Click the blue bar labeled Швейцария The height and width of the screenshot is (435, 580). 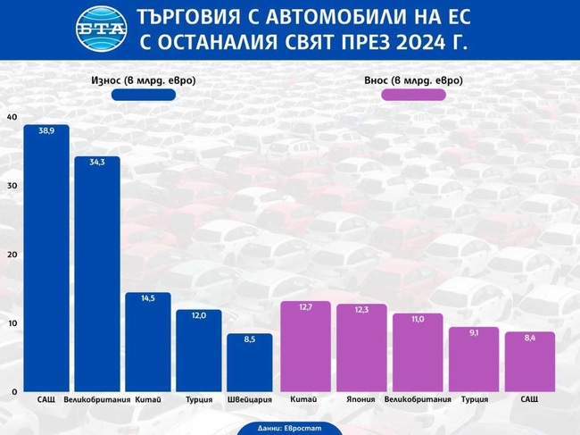(x=249, y=362)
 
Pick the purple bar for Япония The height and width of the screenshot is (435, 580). (x=361, y=348)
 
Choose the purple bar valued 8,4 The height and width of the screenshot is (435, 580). (x=529, y=362)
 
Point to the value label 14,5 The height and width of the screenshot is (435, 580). (x=147, y=298)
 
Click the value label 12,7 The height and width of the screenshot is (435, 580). (x=305, y=307)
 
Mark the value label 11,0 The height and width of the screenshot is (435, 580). (x=417, y=319)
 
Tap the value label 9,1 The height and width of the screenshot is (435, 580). (x=473, y=332)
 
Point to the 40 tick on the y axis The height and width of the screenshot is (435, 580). (x=11, y=117)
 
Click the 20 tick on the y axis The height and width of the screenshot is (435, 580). (x=11, y=255)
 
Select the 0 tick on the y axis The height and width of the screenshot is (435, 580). (x=13, y=392)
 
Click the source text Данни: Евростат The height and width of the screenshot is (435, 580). (x=289, y=428)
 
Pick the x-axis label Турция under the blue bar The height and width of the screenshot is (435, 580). (x=198, y=399)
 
